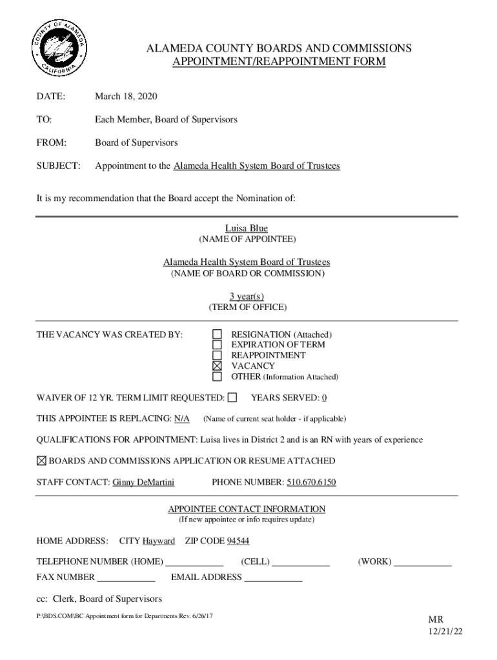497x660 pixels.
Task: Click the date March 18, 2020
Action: click(x=126, y=97)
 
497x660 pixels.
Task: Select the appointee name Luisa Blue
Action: click(x=246, y=228)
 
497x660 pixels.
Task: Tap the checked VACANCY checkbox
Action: click(x=218, y=365)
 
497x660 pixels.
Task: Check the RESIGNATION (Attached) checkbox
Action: click(x=218, y=335)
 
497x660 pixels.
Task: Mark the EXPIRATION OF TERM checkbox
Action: click(x=218, y=345)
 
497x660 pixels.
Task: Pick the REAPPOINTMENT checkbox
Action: click(x=218, y=355)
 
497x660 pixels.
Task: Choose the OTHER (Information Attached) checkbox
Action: click(x=218, y=376)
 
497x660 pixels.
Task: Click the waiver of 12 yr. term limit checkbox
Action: click(x=232, y=398)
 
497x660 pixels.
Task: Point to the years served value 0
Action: click(x=324, y=398)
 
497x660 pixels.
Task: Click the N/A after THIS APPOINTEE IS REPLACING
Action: click(x=182, y=418)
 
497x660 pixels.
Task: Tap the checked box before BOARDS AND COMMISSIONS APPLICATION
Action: click(x=41, y=461)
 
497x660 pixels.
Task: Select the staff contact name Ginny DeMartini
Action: click(x=143, y=482)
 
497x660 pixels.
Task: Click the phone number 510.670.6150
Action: click(x=312, y=482)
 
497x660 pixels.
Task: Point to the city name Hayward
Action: click(x=159, y=540)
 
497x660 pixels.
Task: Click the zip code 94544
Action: click(x=238, y=540)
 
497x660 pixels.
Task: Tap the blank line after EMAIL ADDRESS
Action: click(x=273, y=578)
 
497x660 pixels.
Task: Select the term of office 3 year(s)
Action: click(x=247, y=296)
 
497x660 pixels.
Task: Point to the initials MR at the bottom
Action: click(x=436, y=619)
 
